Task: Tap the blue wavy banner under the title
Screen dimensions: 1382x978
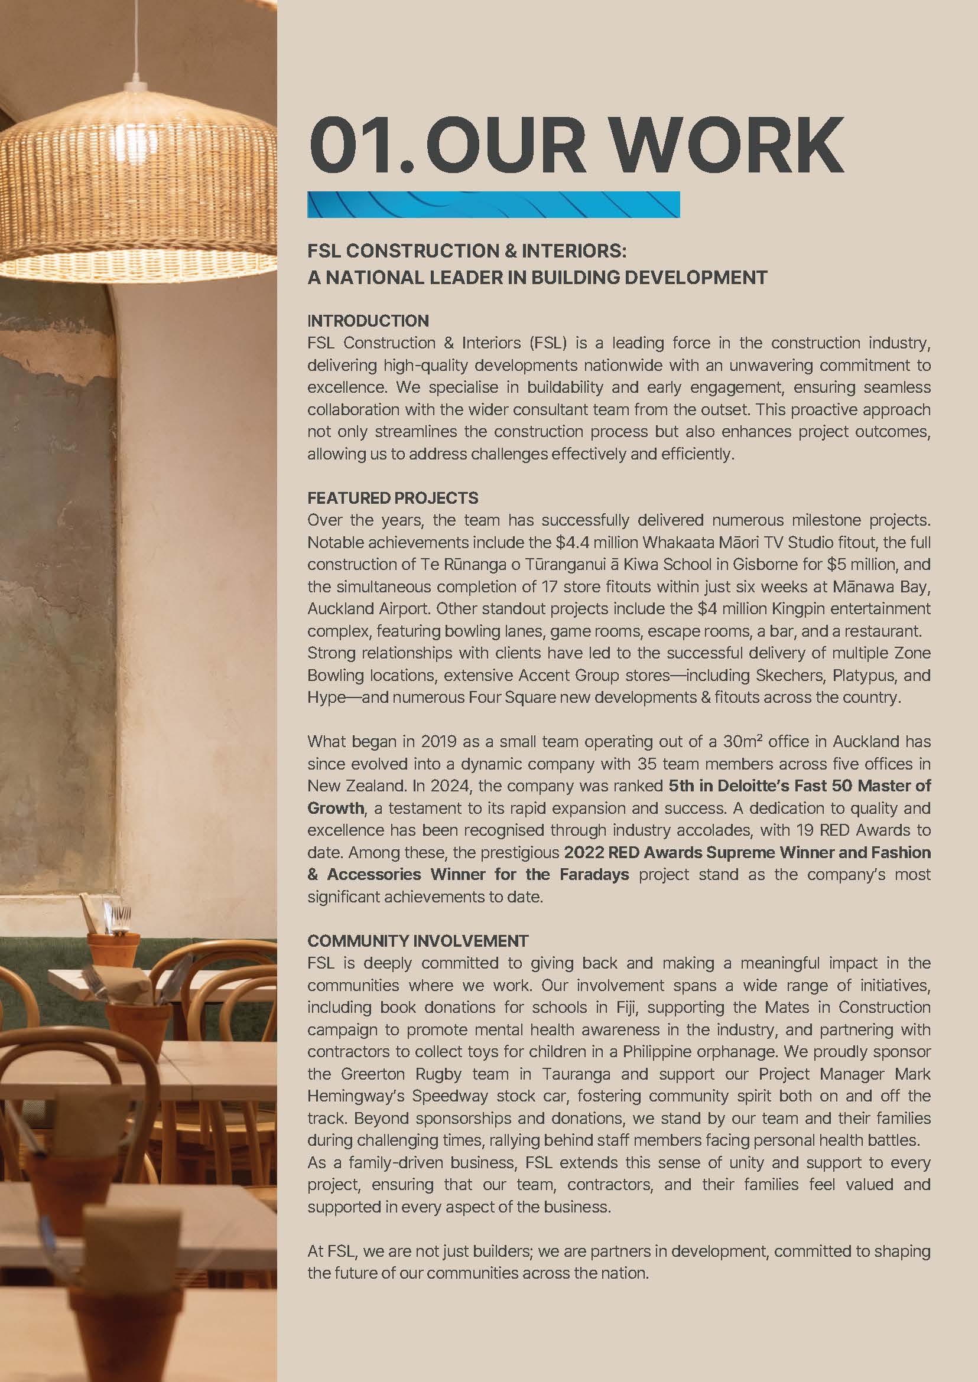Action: [493, 205]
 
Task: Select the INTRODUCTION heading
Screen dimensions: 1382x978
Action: [368, 321]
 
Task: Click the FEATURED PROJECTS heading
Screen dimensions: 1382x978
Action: [392, 498]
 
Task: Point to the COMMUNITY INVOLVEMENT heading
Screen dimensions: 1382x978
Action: [417, 941]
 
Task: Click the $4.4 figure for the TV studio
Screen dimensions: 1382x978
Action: [571, 542]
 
